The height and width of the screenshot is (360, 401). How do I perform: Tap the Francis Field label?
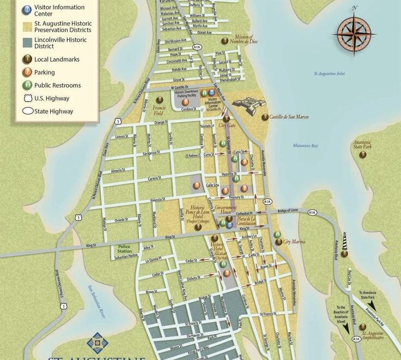pos(159,111)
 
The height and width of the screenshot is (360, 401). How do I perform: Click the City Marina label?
pos(294,242)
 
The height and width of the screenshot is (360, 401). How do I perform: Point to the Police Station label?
pos(125,249)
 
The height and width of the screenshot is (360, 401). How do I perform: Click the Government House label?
pos(225,210)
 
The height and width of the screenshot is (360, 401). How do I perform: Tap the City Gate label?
pos(226,125)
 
